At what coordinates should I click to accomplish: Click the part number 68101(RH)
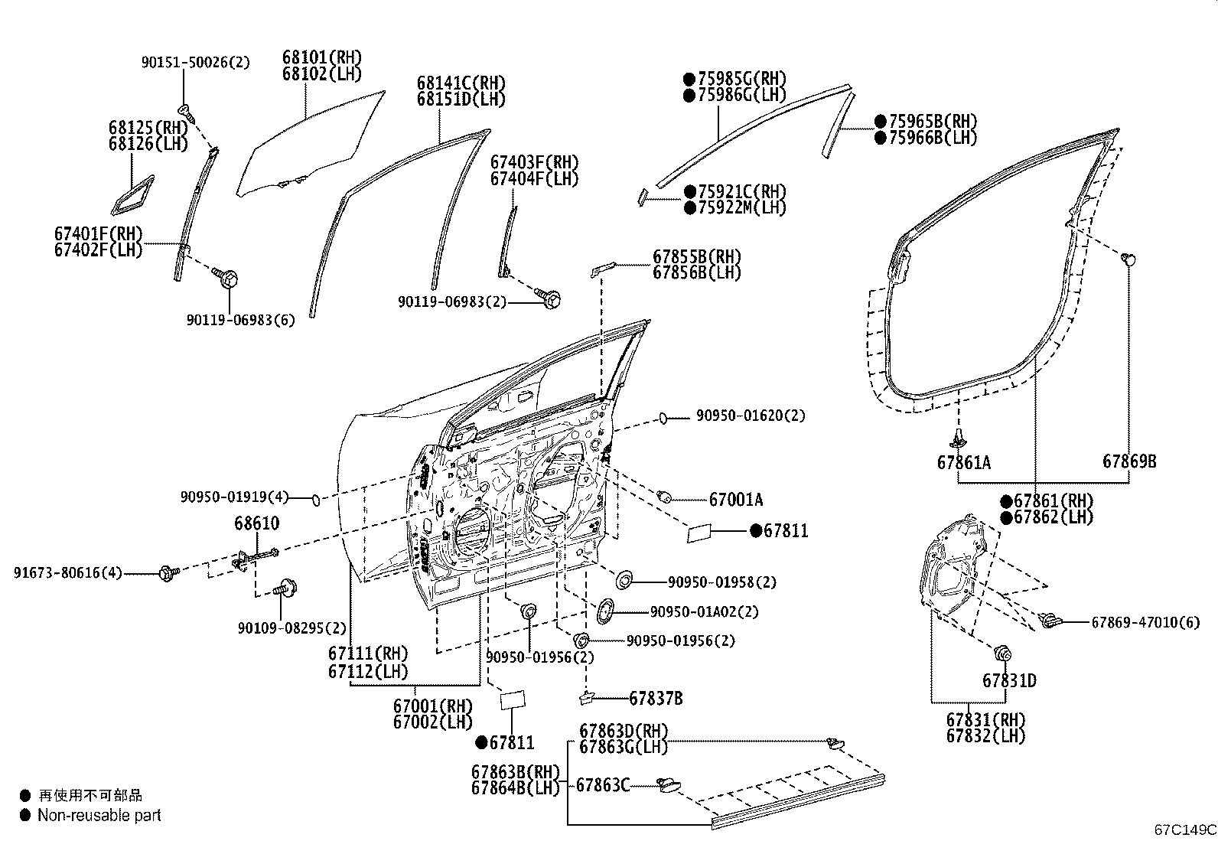click(x=321, y=57)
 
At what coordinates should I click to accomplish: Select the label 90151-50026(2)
click(x=195, y=63)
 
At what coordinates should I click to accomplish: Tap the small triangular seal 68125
click(x=132, y=196)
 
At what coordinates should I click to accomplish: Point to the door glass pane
click(x=306, y=149)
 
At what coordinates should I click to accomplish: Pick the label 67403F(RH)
click(x=534, y=162)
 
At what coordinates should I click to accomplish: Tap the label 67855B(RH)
click(x=696, y=256)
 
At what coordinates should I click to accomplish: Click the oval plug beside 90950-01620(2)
click(x=664, y=418)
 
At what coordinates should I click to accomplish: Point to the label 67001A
click(x=735, y=500)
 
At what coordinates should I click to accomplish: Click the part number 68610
click(x=256, y=523)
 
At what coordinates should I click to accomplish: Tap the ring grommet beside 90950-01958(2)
click(x=623, y=580)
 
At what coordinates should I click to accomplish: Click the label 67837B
click(x=656, y=698)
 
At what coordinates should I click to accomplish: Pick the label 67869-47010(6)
click(x=1145, y=622)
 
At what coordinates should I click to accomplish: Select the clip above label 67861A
click(x=958, y=438)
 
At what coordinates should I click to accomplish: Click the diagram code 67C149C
click(x=1185, y=830)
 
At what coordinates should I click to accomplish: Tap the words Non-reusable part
click(x=99, y=816)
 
